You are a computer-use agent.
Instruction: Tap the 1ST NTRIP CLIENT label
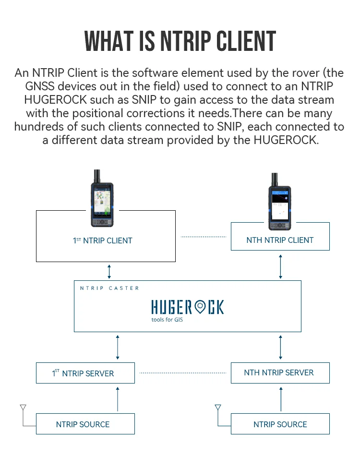click(x=103, y=240)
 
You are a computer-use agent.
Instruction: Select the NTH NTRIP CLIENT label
click(x=280, y=240)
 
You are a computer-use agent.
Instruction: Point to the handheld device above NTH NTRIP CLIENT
click(x=279, y=204)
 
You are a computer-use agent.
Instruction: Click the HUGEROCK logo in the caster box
click(x=187, y=307)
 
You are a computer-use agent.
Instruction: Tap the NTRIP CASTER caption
click(x=109, y=288)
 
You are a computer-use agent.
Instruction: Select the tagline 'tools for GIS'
click(x=167, y=319)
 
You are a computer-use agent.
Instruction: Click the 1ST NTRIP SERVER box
click(x=85, y=373)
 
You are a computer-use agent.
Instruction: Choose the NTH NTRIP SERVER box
click(x=280, y=373)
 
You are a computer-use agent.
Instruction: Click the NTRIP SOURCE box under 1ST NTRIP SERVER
click(x=85, y=424)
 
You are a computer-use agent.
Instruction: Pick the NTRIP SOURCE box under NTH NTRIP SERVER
click(x=280, y=424)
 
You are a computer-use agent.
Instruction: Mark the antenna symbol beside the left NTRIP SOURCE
click(x=23, y=409)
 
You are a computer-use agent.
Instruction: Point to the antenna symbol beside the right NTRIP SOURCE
click(x=218, y=409)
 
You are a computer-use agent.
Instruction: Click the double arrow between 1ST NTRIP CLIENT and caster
click(x=109, y=271)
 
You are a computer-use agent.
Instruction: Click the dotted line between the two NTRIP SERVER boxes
click(x=182, y=373)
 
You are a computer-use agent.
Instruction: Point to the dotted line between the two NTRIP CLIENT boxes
click(x=203, y=237)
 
